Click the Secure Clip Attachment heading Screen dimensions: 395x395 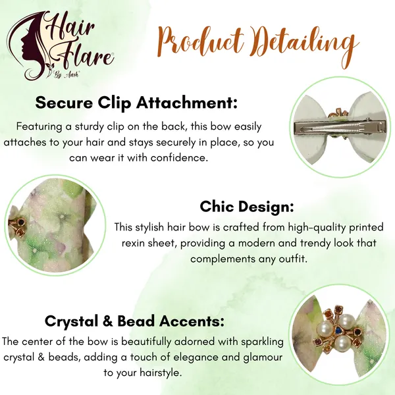[136, 103]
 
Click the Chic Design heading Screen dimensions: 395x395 [247, 207]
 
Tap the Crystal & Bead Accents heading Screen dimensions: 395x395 [134, 321]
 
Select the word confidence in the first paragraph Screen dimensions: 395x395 [179, 158]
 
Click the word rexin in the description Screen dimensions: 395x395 [134, 244]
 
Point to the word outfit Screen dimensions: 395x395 [293, 259]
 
